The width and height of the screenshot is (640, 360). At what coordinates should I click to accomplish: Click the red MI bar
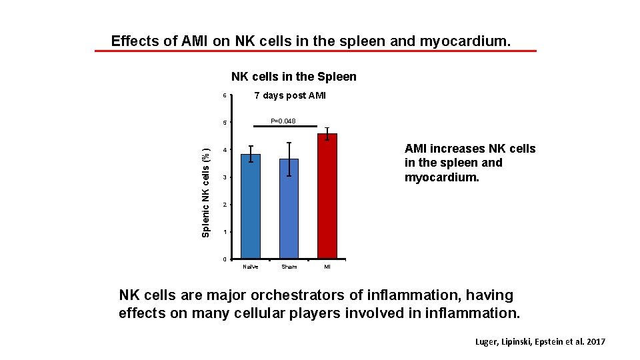[327, 197]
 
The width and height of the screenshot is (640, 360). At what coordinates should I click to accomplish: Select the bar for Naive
[250, 207]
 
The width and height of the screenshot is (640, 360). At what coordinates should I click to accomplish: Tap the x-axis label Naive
[250, 267]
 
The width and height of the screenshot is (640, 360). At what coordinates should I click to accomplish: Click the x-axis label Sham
[289, 267]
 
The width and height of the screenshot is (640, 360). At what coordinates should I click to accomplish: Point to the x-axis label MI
[327, 267]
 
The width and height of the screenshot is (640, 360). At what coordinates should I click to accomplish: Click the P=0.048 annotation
[283, 121]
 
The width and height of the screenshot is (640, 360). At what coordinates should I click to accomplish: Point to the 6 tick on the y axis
[225, 96]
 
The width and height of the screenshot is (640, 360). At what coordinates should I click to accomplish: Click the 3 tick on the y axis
[225, 177]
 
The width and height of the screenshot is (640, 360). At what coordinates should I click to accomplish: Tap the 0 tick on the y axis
[225, 259]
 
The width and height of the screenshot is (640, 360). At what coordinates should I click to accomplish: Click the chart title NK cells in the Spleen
[293, 77]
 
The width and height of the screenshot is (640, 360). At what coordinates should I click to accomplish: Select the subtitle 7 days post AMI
[290, 95]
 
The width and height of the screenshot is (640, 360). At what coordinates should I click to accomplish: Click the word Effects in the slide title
[135, 41]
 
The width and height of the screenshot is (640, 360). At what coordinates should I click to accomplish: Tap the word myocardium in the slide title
[464, 41]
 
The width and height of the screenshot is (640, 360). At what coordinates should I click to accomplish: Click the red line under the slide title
[315, 51]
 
